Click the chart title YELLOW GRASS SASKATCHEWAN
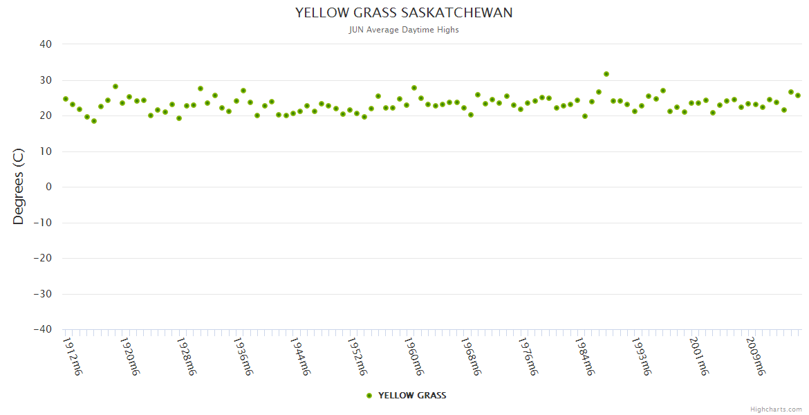tap(404, 12)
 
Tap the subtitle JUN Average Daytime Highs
tap(404, 30)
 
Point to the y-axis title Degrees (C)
tap(19, 187)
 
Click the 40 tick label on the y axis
tap(46, 44)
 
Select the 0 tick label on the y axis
tap(48, 187)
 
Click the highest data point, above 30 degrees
tap(606, 74)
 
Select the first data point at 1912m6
tap(66, 99)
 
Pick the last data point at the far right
tap(798, 95)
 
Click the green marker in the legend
tap(369, 396)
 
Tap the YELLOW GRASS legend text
tap(412, 396)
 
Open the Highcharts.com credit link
tap(776, 409)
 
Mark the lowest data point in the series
tap(94, 121)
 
